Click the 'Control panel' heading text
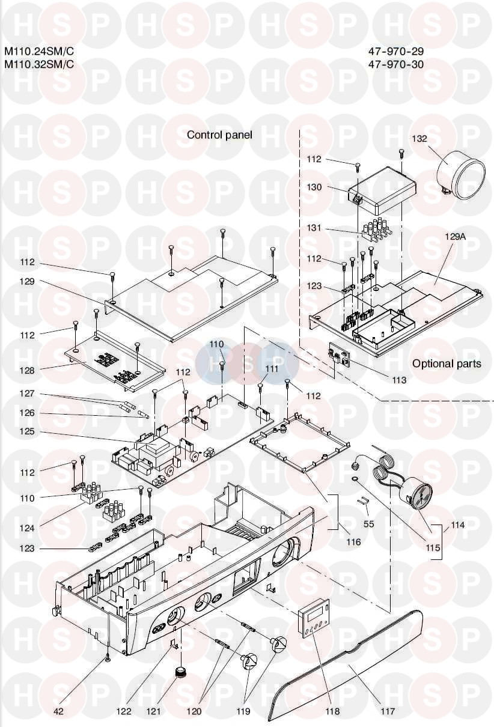219,135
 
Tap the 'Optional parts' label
447,364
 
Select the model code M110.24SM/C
39,51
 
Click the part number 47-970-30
396,64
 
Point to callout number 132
419,139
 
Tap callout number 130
314,187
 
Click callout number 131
314,228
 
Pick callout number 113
399,380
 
